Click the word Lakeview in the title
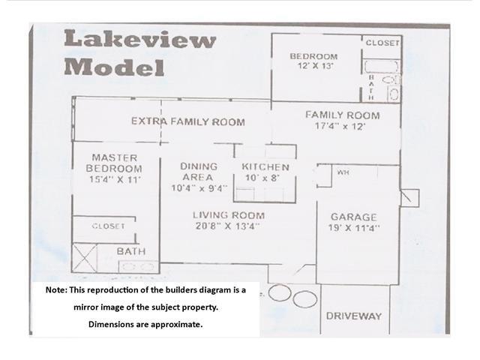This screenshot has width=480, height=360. (x=140, y=39)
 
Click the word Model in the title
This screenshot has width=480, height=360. (x=114, y=67)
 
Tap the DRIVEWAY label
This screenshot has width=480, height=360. (x=354, y=316)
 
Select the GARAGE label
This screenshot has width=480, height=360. (x=353, y=217)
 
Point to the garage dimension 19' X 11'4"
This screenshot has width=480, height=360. (x=353, y=228)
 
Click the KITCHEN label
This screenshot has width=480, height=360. (x=265, y=167)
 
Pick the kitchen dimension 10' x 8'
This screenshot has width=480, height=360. (x=262, y=178)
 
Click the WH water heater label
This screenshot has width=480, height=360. (x=343, y=172)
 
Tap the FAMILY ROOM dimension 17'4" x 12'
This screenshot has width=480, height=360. (x=340, y=126)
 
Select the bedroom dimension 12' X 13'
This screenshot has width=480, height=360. (x=315, y=65)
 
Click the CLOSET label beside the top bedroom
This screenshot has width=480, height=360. (x=382, y=43)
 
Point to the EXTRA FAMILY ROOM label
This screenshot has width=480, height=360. (x=188, y=121)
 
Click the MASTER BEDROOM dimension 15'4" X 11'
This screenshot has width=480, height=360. (x=115, y=179)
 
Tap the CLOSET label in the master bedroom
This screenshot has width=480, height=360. (x=108, y=226)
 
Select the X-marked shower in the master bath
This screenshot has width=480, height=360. (x=84, y=258)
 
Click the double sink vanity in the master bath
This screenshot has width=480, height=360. (x=139, y=267)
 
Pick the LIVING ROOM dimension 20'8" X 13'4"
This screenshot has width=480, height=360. (x=227, y=226)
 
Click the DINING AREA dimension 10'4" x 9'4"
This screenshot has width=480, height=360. (x=199, y=188)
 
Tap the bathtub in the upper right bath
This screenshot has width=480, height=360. (x=380, y=67)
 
